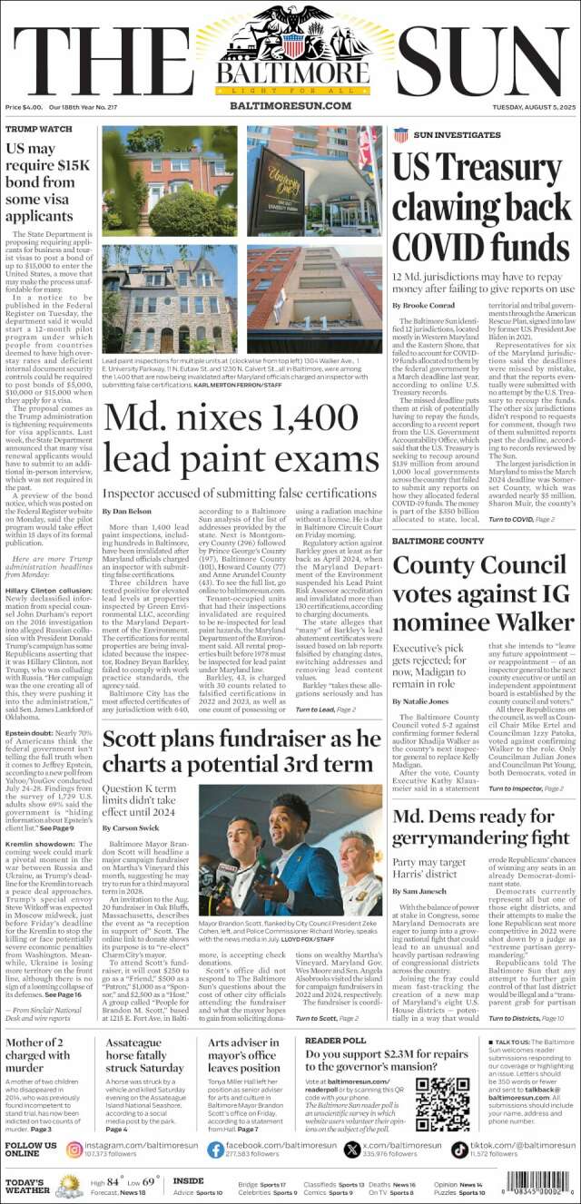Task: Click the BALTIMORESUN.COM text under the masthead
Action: coord(290,106)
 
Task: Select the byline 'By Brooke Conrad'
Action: coord(420,306)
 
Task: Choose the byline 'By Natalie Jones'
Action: coord(421,676)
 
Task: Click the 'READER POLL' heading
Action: coord(335,1014)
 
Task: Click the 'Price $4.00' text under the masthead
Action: coord(24,107)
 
